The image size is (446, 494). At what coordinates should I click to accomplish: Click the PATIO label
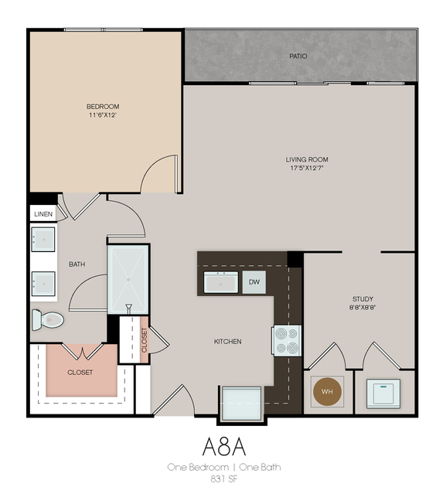[x=298, y=56]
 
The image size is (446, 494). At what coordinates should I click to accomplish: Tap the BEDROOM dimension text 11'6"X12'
[x=103, y=115]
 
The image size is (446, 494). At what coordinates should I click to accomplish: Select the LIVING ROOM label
[x=307, y=160]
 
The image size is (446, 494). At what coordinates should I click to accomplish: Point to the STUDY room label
[x=363, y=298]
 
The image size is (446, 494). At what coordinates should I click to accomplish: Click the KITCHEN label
[x=228, y=342]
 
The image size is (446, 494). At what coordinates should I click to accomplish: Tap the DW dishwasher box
[x=254, y=283]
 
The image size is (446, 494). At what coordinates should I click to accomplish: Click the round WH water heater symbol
[x=327, y=392]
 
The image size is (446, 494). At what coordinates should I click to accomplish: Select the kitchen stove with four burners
[x=286, y=341]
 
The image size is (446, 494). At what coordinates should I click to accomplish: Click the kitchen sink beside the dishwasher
[x=221, y=282]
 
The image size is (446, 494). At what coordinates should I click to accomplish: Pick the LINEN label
[x=43, y=213]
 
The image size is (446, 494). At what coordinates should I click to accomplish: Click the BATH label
[x=77, y=264]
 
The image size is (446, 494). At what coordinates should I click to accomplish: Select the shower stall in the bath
[x=128, y=278]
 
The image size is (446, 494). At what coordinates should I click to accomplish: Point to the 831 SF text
[x=223, y=479]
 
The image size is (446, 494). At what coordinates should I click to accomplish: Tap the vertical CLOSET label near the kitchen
[x=145, y=340]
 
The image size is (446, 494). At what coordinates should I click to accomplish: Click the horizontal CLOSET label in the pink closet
[x=80, y=373]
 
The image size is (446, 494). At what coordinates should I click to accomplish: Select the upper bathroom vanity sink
[x=43, y=239]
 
